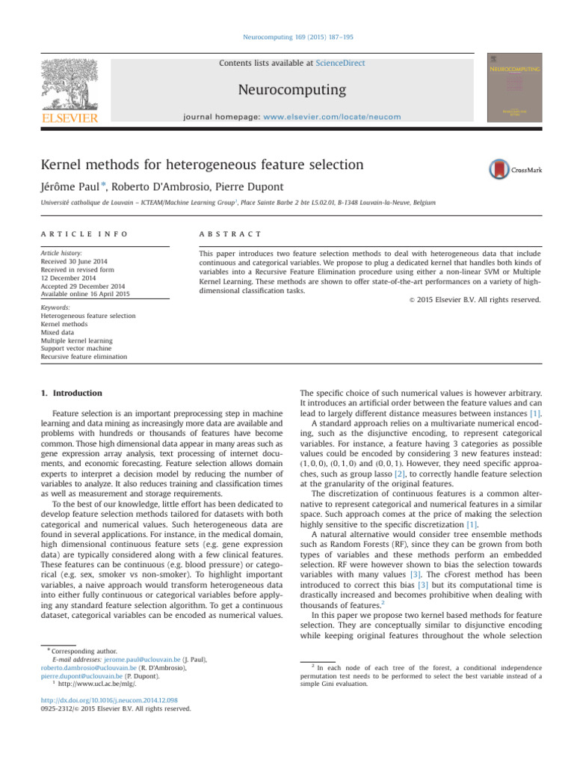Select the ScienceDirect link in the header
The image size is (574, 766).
(340, 64)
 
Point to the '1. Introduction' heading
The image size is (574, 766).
(71, 393)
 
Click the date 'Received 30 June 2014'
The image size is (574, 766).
(72, 263)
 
